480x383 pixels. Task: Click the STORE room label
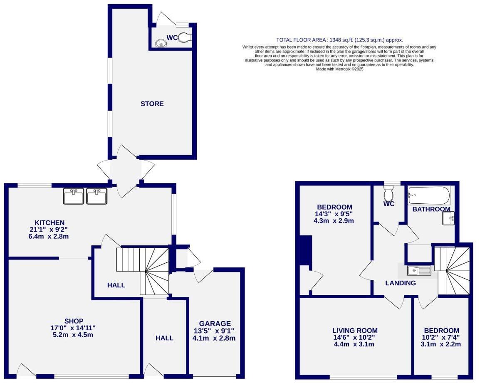[152, 104]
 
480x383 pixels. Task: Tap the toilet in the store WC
[185, 38]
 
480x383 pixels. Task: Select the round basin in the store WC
[161, 43]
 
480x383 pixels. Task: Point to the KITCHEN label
[49, 223]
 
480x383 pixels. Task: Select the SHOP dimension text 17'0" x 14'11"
[74, 328]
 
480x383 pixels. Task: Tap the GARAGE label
[214, 324]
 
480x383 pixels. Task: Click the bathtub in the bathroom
[429, 195]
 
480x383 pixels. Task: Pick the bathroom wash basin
[448, 218]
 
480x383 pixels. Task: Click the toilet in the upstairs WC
[389, 193]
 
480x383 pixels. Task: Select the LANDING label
[400, 283]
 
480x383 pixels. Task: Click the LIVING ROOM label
[355, 331]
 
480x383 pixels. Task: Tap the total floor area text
[339, 40]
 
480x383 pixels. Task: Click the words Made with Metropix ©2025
[339, 69]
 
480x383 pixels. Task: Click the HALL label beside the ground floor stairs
[116, 285]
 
